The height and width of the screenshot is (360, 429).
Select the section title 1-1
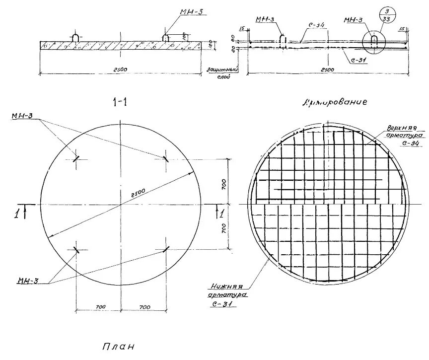tap(120, 102)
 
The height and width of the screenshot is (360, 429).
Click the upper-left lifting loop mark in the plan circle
tap(76, 159)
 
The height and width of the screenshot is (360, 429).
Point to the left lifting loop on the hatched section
tap(74, 38)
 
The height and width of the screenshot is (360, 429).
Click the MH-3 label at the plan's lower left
tap(28, 281)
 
